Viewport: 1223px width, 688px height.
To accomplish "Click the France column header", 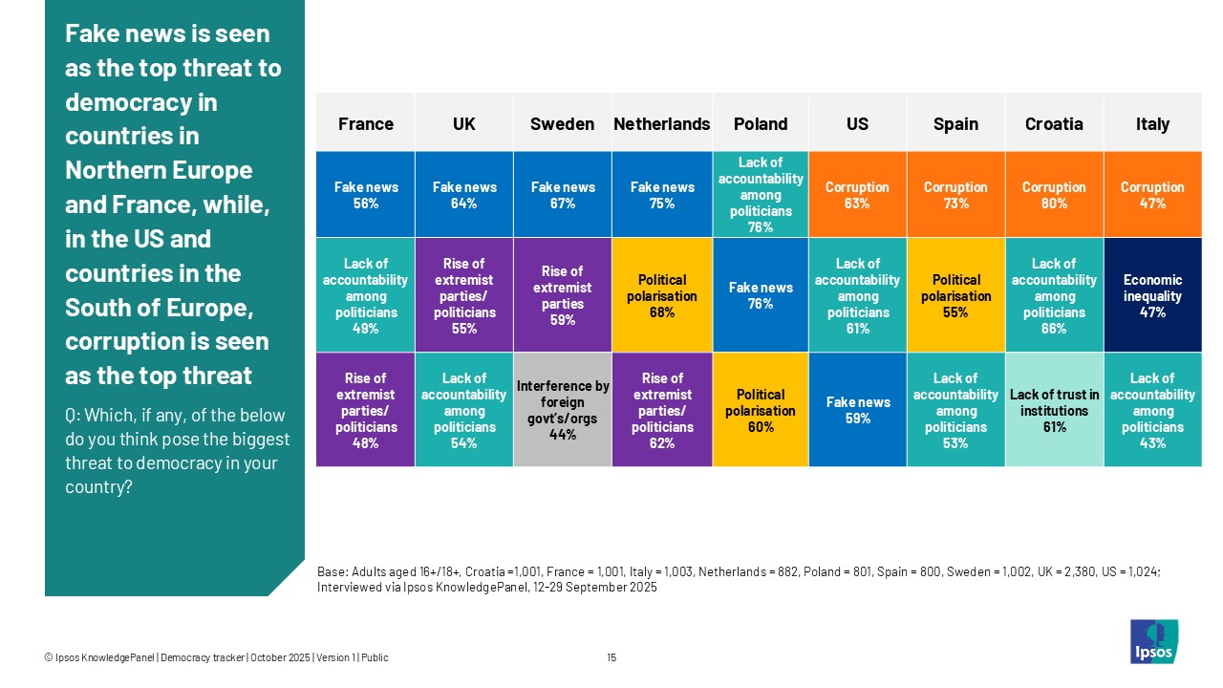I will [x=365, y=124].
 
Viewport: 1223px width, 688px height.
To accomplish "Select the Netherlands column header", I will [x=661, y=124].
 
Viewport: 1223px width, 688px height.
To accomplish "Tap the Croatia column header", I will [x=1054, y=124].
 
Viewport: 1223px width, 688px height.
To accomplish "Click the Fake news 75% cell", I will [x=661, y=195].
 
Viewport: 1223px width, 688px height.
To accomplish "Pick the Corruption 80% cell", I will [x=1054, y=195].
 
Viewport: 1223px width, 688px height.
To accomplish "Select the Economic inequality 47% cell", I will [x=1152, y=295].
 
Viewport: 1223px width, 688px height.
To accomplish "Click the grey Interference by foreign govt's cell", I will [x=563, y=410].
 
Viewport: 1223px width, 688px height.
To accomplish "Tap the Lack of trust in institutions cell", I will [x=1054, y=410].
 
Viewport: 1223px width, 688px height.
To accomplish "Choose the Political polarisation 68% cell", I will [x=661, y=295].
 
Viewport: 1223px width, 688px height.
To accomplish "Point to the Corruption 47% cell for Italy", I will [x=1152, y=195].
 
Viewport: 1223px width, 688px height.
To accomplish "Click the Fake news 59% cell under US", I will [x=857, y=410].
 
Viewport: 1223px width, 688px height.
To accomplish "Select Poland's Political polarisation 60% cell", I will [x=761, y=410].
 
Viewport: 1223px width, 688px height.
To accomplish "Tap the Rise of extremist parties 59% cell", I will [x=563, y=295].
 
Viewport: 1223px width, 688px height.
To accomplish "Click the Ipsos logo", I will [x=1153, y=641].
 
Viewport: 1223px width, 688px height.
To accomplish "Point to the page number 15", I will [x=611, y=657].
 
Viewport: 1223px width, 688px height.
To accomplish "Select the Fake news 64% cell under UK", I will [x=463, y=195].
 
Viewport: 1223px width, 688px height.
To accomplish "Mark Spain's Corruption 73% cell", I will [x=955, y=195].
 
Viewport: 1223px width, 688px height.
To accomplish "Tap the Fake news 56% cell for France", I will [x=365, y=195].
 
